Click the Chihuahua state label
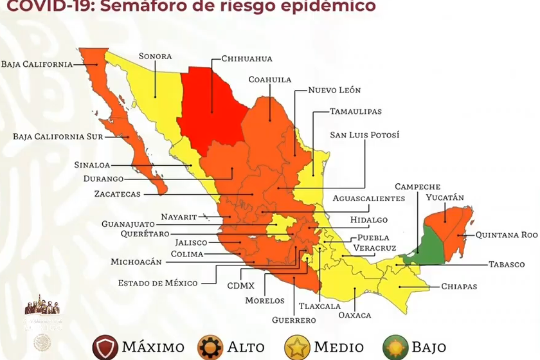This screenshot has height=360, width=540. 247,58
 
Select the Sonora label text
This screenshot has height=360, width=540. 155,56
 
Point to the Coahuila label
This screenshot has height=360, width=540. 270,80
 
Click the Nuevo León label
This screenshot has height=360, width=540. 334,90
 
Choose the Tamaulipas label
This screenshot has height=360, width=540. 355,111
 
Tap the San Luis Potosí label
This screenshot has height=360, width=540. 364,135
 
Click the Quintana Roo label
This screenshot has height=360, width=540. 506,235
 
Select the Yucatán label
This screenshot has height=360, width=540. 445,197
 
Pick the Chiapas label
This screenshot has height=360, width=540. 459,287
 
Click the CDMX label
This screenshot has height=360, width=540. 241,285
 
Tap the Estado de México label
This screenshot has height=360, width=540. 157,283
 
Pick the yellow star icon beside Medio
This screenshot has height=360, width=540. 296,347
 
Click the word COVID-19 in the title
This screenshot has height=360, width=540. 40,6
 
